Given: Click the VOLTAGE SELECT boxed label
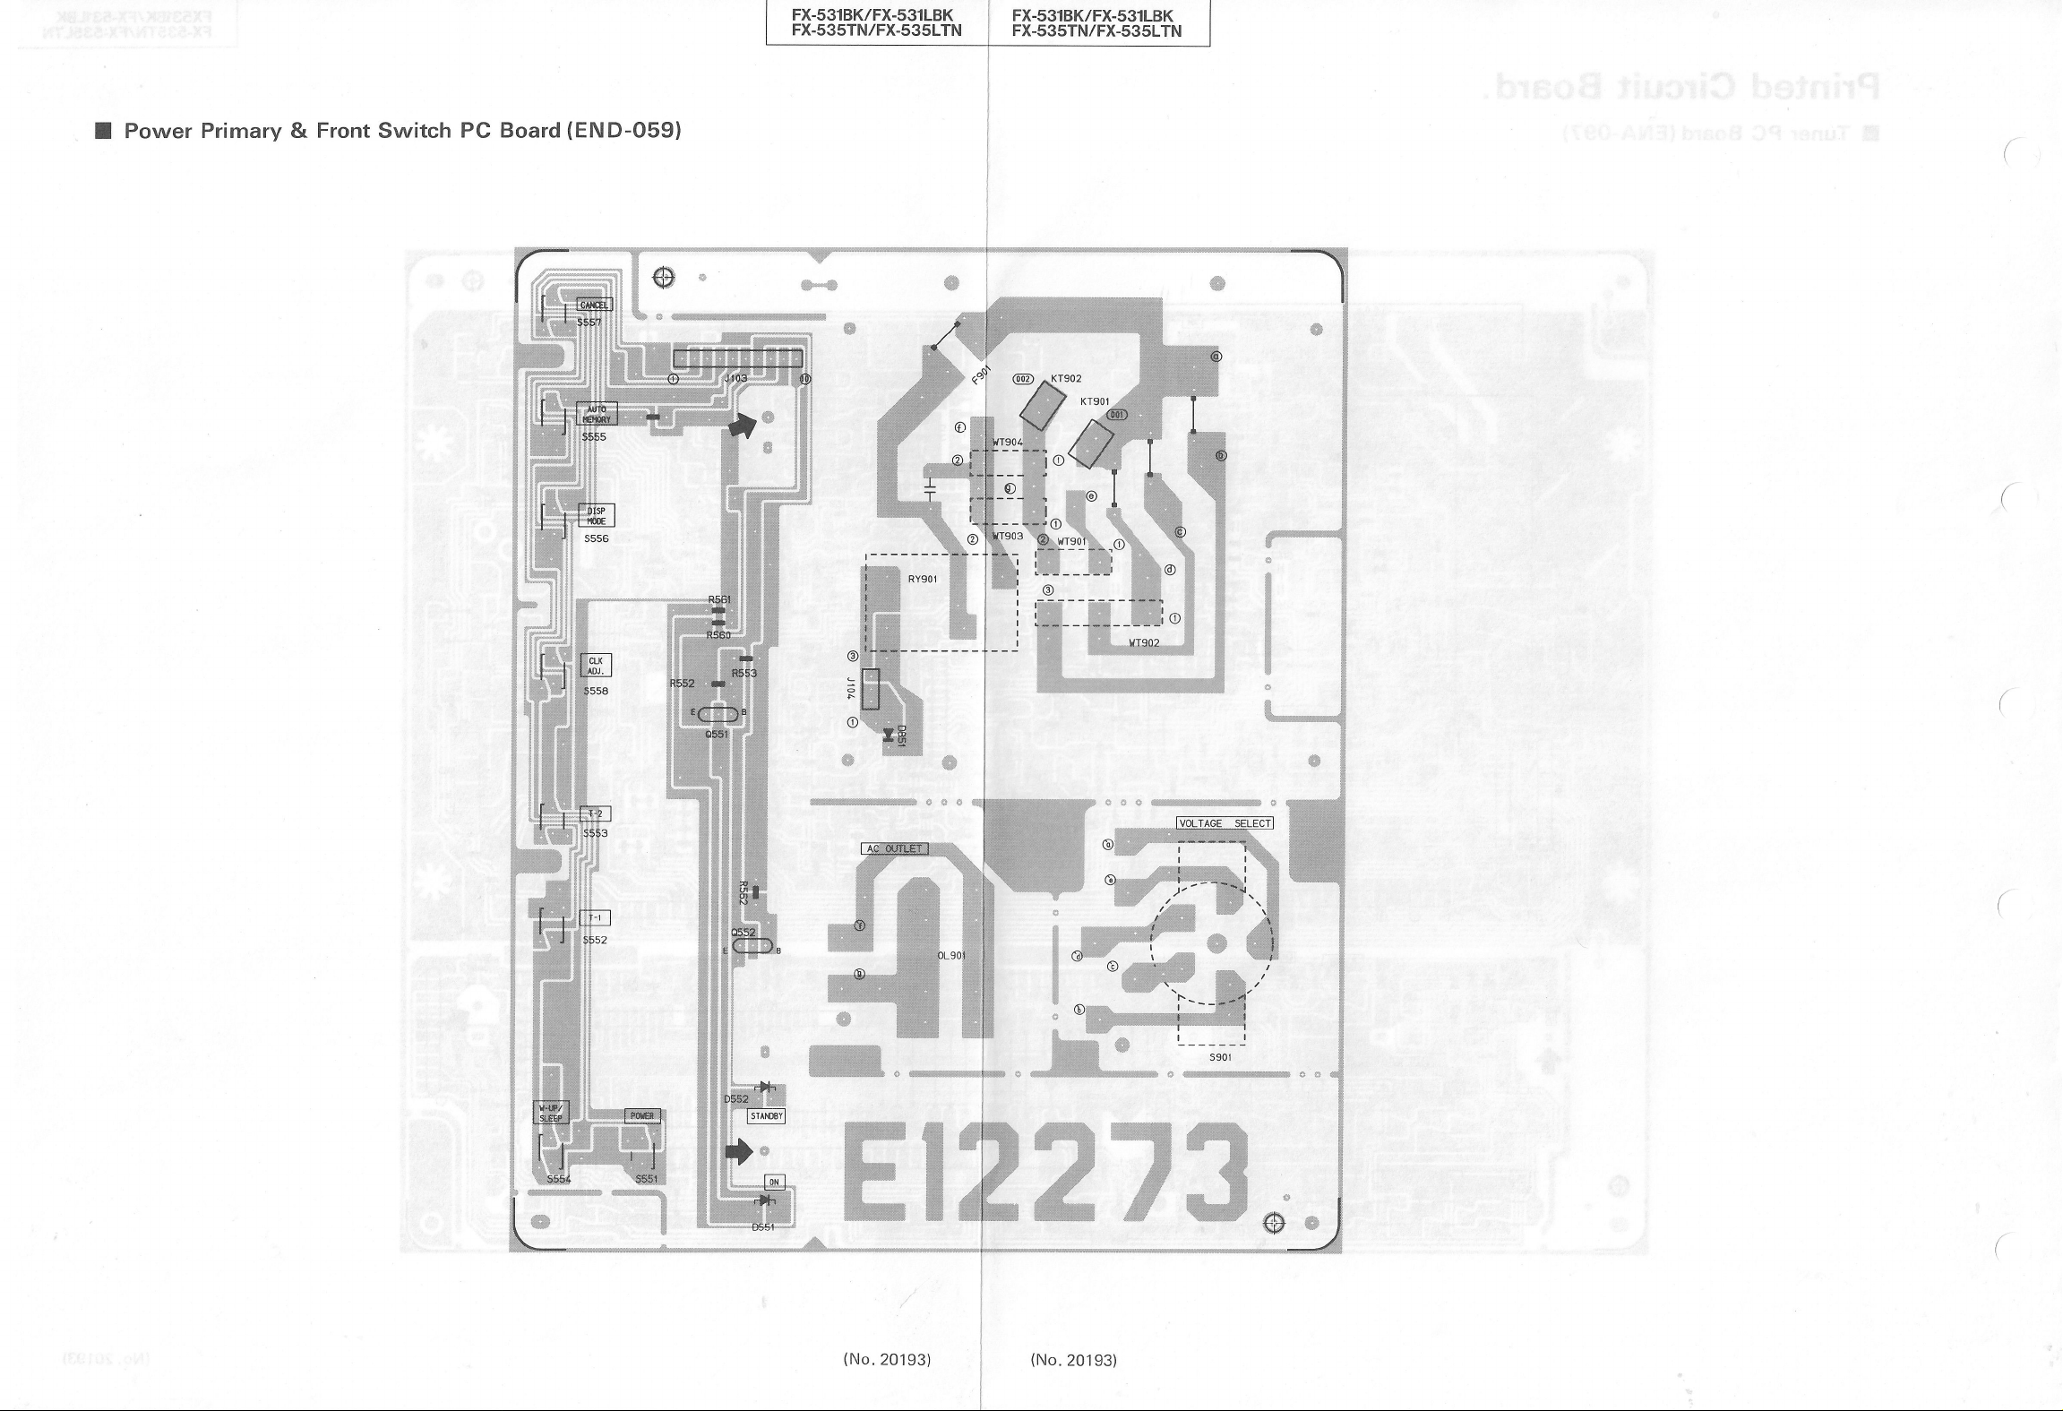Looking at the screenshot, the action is (x=1225, y=823).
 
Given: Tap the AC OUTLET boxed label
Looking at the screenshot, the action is (x=894, y=848).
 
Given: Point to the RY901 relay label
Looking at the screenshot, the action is (x=923, y=579).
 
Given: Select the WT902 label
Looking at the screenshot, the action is (x=1144, y=642).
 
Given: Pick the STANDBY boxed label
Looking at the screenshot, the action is (x=766, y=1116).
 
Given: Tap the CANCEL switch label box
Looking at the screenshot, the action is (x=594, y=305).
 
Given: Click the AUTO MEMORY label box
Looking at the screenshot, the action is (x=597, y=414).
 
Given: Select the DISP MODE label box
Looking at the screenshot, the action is (x=597, y=516).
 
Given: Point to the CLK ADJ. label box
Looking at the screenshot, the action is (x=597, y=666).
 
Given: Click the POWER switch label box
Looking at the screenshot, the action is (x=642, y=1115).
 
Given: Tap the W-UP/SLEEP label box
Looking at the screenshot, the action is (x=550, y=1114).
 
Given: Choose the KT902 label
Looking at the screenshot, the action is (x=1066, y=379).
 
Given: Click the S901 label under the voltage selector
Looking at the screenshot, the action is (x=1220, y=1057).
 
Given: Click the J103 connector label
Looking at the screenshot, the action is (x=735, y=379).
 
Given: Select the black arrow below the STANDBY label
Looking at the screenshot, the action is (x=739, y=1151).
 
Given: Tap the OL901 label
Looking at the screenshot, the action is (x=951, y=956).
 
